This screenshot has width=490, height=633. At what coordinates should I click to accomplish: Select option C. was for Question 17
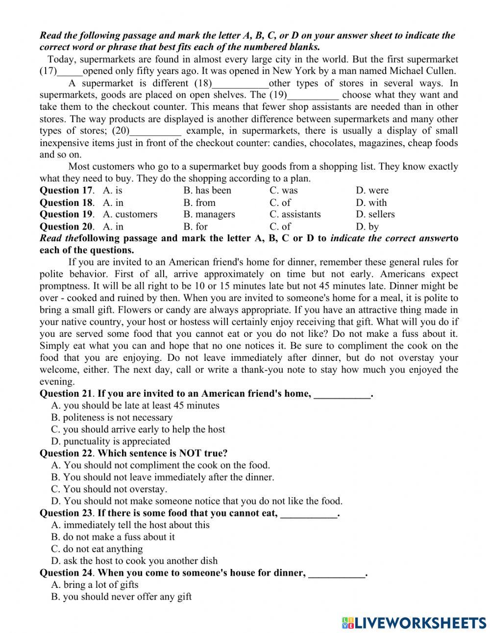tap(283, 191)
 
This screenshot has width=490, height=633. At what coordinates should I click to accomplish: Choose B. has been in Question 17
tap(207, 191)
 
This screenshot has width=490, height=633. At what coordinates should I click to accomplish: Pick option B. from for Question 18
tap(199, 203)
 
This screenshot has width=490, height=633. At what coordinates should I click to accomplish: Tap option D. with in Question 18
tap(371, 203)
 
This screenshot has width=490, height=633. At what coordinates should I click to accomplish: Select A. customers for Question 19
tap(130, 214)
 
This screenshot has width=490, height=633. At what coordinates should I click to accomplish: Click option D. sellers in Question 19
tap(375, 214)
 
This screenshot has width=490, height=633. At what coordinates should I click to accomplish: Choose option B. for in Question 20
tap(196, 227)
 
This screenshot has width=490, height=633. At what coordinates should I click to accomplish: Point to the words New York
tap(292, 71)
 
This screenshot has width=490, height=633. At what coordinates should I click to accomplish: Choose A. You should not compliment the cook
tap(160, 465)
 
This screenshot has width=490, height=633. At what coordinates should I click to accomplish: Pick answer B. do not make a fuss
tap(113, 537)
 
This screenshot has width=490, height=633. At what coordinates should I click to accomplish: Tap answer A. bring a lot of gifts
tap(95, 585)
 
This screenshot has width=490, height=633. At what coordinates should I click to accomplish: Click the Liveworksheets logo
tap(414, 623)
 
